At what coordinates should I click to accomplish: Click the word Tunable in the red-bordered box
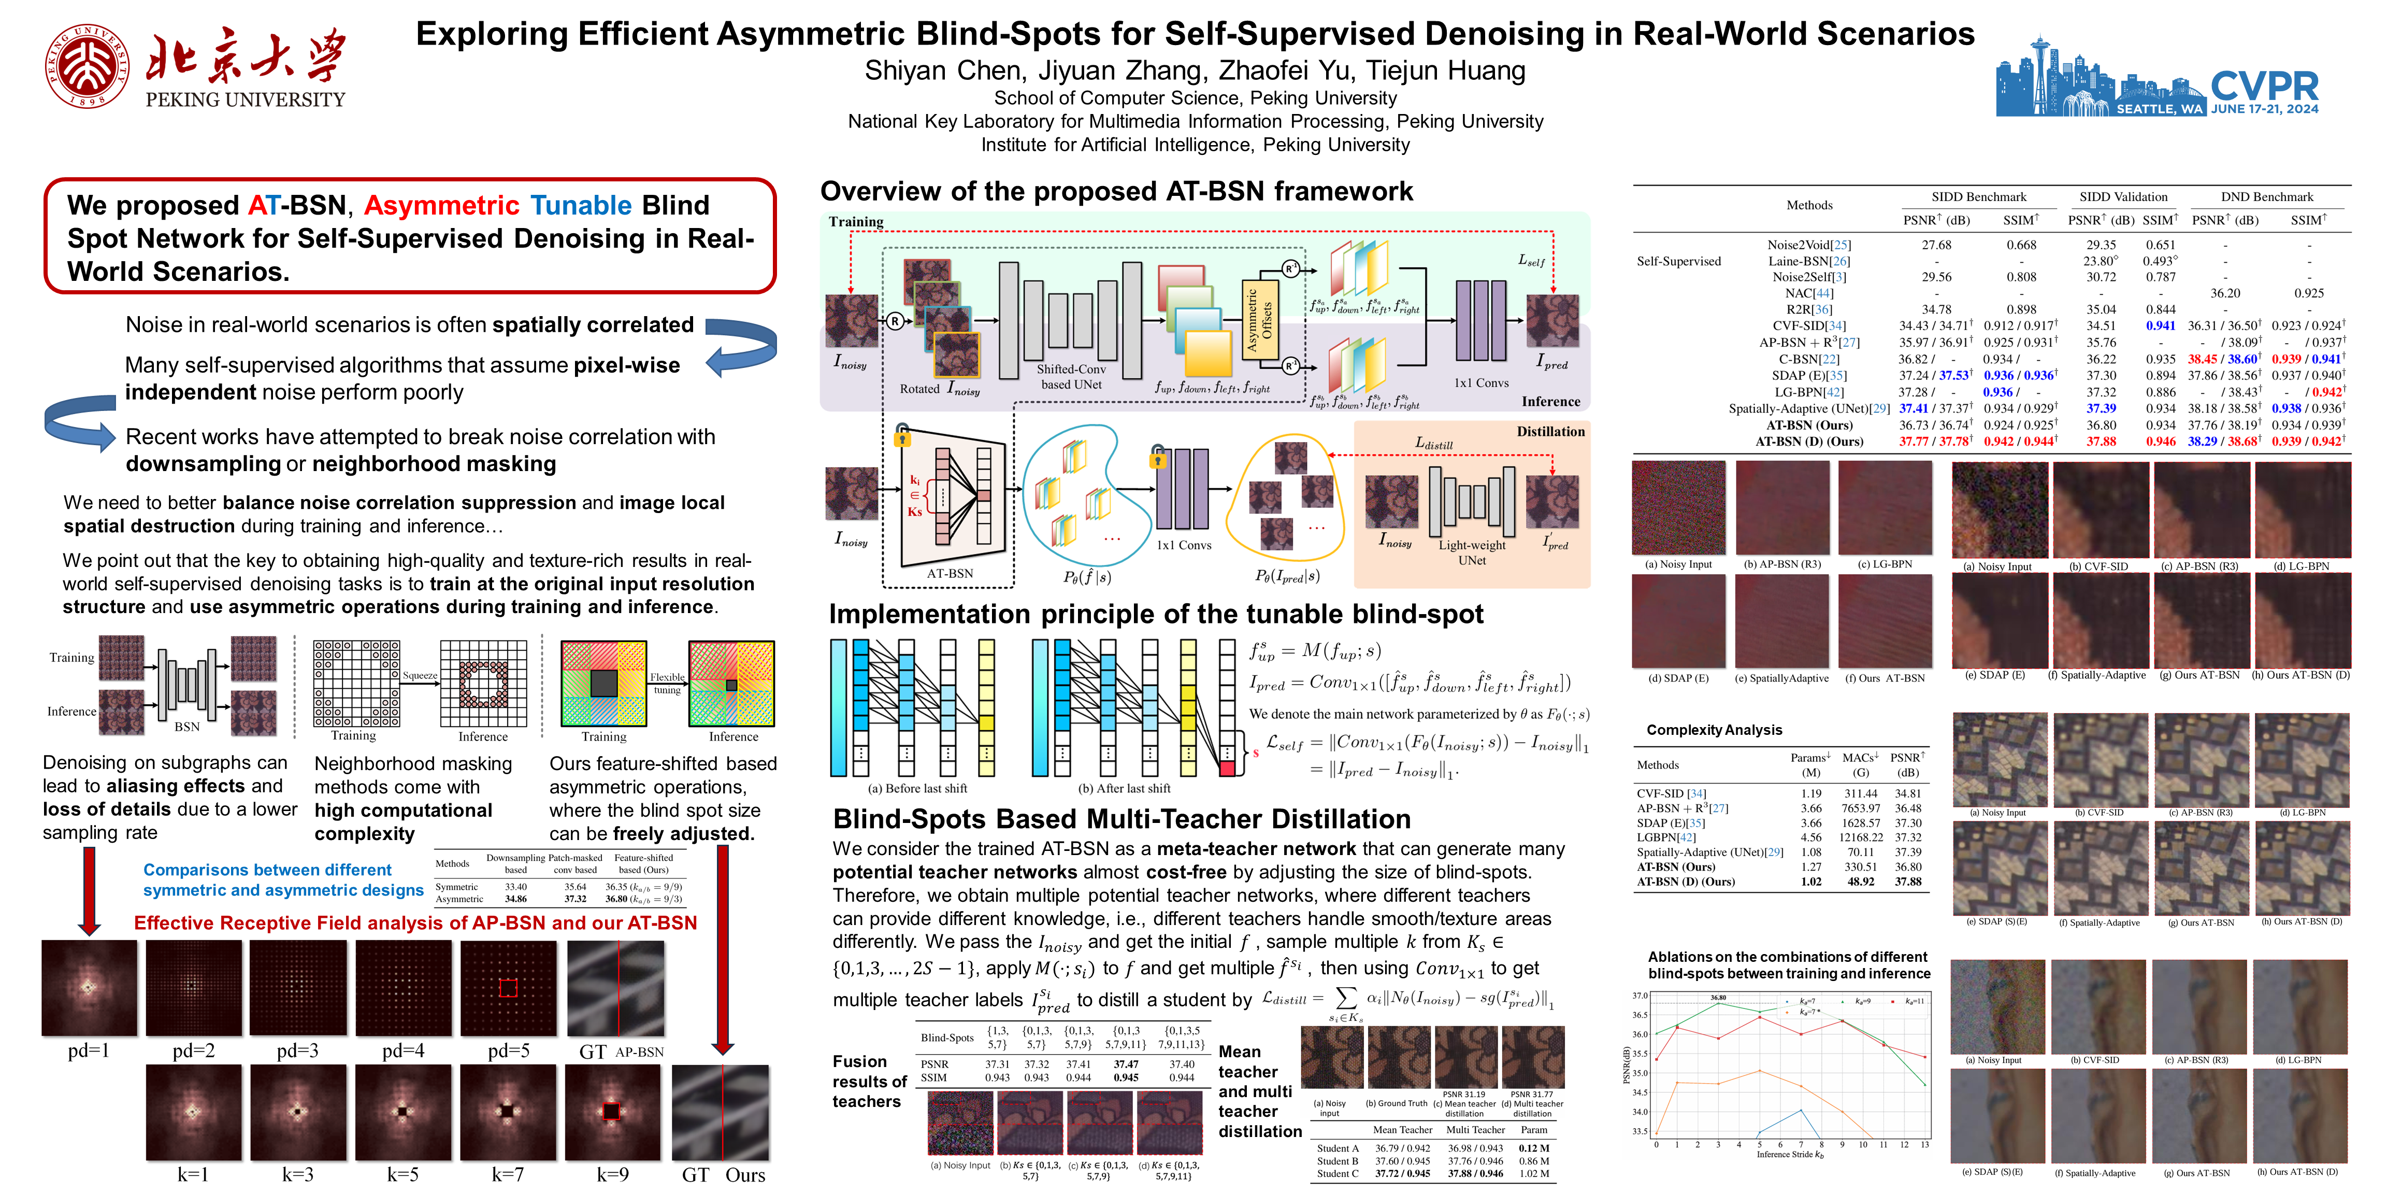(x=581, y=205)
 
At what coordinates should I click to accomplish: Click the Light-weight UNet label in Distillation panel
(x=1472, y=552)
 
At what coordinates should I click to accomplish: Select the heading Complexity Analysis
(x=1714, y=730)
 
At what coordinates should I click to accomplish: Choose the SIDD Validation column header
(x=2123, y=196)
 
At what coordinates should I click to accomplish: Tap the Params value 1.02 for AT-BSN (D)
(x=1810, y=882)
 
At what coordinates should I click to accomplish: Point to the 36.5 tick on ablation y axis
(x=1640, y=1015)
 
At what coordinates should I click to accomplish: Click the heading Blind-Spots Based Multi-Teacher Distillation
(x=1121, y=819)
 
